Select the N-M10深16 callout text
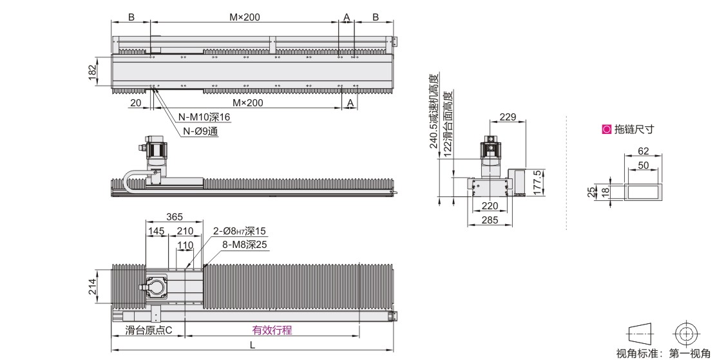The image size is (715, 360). pyautogui.click(x=204, y=117)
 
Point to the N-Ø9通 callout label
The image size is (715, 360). pyautogui.click(x=200, y=131)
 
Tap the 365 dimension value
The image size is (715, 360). pyautogui.click(x=174, y=217)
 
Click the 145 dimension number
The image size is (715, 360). pyautogui.click(x=157, y=231)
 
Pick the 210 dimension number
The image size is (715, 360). pyautogui.click(x=185, y=231)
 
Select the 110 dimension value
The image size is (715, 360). pyautogui.click(x=185, y=245)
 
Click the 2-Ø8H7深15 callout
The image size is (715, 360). pyautogui.click(x=240, y=231)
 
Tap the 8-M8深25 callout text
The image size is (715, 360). pyautogui.click(x=245, y=245)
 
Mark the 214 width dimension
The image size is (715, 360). pyautogui.click(x=92, y=286)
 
